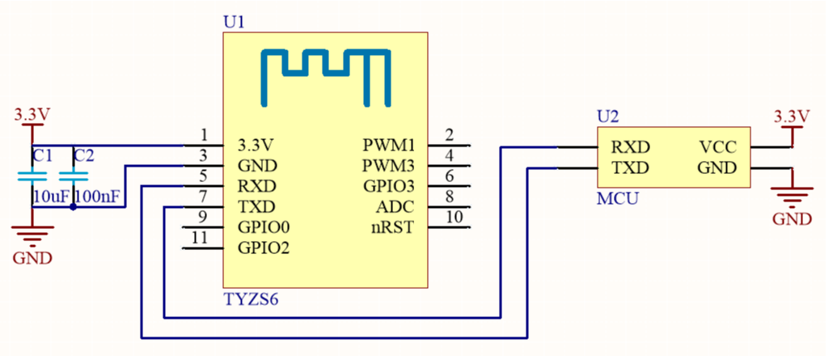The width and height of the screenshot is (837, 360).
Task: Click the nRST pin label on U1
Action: (392, 227)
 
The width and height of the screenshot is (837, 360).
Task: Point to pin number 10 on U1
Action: (454, 217)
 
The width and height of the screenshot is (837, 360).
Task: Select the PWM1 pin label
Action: (388, 146)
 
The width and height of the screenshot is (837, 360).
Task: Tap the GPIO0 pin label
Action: (264, 227)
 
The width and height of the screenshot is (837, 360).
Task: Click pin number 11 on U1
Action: (205, 238)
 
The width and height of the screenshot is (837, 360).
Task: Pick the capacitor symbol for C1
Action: (32, 176)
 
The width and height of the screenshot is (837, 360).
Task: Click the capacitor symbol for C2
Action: (74, 176)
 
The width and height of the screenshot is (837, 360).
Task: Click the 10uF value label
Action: (50, 197)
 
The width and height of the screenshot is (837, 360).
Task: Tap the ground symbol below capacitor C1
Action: (32, 235)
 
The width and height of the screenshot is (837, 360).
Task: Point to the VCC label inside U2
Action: (717, 147)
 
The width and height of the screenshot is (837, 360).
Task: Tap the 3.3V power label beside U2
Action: (791, 114)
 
